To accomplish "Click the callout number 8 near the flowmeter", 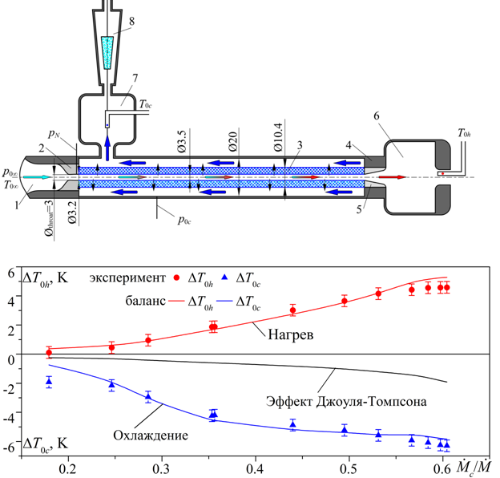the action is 131,22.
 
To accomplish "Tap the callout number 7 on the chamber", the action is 135,78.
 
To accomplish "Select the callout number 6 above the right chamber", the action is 377,115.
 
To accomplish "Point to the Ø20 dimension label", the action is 233,141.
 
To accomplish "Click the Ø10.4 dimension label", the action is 278,137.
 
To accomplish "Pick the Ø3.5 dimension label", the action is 182,141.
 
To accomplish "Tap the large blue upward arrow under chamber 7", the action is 107,148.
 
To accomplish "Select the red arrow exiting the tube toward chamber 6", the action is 392,177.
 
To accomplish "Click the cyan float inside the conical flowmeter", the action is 107,53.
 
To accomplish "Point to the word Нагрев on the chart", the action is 291,334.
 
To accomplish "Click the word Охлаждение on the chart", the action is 151,435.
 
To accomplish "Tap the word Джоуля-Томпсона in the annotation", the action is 371,402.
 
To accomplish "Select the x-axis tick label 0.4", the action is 256,469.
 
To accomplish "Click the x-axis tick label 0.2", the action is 68,469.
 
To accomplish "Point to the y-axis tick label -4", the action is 9,418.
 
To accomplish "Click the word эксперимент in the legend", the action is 127,278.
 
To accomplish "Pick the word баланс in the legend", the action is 145,301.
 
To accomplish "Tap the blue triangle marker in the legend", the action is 225,277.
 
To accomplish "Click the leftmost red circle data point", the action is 49,353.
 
